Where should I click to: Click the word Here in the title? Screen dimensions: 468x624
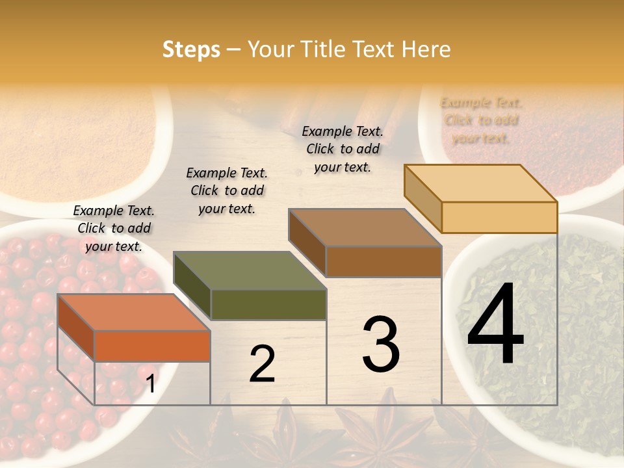(426, 49)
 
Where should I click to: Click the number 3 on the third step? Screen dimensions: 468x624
(380, 344)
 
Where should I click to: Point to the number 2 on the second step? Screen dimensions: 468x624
(262, 364)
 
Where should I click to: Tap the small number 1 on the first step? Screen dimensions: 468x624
(151, 384)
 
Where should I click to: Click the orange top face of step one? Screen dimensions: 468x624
(133, 313)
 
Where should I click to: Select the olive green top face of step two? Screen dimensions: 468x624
(250, 270)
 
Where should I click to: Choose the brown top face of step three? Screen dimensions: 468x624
(365, 227)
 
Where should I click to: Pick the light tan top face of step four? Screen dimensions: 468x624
(481, 183)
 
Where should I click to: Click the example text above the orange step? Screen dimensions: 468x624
(114, 228)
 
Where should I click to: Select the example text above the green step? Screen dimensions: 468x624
(227, 190)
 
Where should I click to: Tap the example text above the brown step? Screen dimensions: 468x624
(343, 149)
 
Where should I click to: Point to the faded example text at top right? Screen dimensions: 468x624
(481, 120)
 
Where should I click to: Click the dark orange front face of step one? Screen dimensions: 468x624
(152, 346)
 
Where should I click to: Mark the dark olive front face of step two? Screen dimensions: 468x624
(268, 304)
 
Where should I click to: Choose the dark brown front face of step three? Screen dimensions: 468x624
(383, 261)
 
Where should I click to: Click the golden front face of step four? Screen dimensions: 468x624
(499, 217)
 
